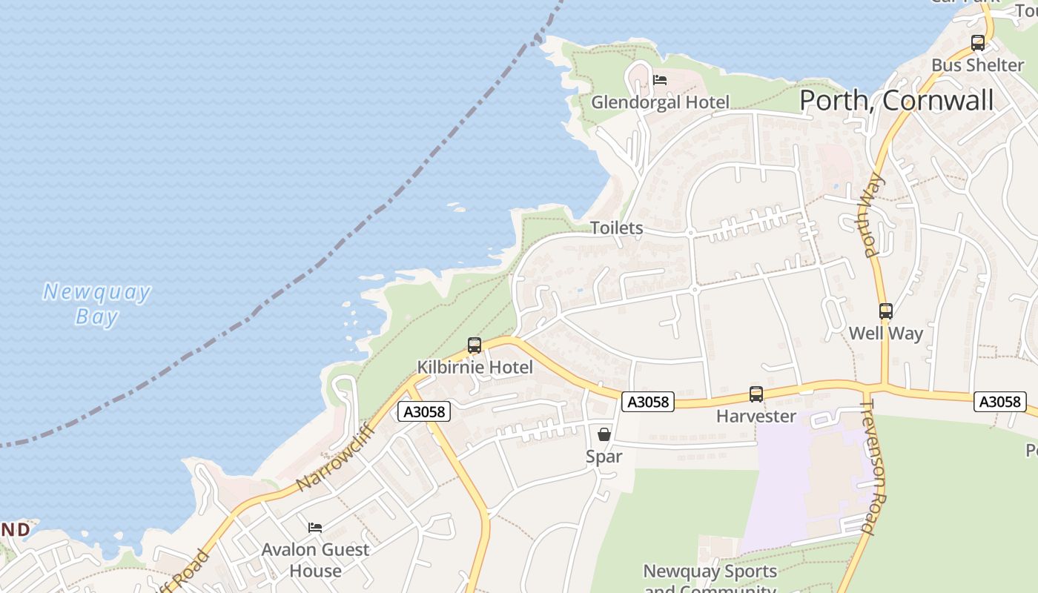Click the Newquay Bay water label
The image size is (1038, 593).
pos(97,304)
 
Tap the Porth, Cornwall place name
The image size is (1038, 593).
pos(896,100)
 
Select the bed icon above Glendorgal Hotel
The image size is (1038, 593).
pos(660,80)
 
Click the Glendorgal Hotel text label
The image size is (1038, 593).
pos(660,102)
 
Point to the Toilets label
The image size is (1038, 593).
pos(616,228)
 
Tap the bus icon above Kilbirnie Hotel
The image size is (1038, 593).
pos(475,345)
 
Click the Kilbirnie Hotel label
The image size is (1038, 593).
pos(475,367)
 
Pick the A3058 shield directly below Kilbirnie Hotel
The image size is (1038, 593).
pos(424,412)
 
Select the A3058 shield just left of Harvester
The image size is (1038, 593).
pos(647,402)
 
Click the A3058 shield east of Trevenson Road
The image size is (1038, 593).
pos(999,402)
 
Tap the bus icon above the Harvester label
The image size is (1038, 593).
pos(756,394)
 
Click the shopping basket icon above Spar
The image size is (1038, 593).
pos(604,434)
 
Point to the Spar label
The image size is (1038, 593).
pos(604,457)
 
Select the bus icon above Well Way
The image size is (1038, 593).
pos(885,311)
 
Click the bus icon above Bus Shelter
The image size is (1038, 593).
pos(978,43)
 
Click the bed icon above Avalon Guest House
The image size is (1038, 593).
pos(315,528)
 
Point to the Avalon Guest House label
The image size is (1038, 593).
pos(315,560)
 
